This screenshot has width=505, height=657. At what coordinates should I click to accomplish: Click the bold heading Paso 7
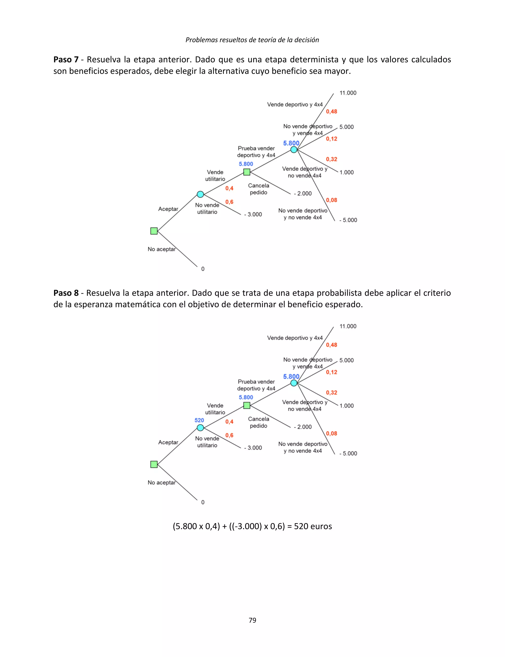(x=66, y=59)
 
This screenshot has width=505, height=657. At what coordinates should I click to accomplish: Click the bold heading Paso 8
(x=66, y=293)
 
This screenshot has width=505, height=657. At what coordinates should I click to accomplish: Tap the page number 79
(x=252, y=620)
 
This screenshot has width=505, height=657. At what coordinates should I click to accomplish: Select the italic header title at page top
(x=252, y=40)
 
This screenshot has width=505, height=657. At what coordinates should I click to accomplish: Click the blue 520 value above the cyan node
(x=199, y=420)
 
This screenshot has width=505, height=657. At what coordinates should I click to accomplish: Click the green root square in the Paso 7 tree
(x=154, y=231)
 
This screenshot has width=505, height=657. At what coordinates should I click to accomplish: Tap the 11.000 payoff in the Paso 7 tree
(x=348, y=93)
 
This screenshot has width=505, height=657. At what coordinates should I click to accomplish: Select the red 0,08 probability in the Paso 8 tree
(x=332, y=433)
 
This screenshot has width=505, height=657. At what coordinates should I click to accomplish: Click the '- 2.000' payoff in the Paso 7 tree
(x=303, y=193)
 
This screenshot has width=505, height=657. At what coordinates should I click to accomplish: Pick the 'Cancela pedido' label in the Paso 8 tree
(x=258, y=422)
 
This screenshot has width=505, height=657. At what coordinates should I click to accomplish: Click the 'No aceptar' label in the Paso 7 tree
(x=162, y=249)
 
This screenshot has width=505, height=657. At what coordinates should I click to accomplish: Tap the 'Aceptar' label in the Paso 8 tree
(x=168, y=442)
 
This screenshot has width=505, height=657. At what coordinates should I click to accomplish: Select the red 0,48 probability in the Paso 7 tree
(x=332, y=111)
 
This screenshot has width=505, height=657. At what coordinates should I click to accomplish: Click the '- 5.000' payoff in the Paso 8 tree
(x=348, y=453)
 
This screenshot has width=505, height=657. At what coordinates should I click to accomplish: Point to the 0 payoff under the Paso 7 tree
(x=203, y=269)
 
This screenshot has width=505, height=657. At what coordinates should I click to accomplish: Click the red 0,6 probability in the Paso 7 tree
(x=229, y=202)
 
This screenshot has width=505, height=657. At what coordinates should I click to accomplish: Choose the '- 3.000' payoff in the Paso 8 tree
(x=253, y=448)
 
